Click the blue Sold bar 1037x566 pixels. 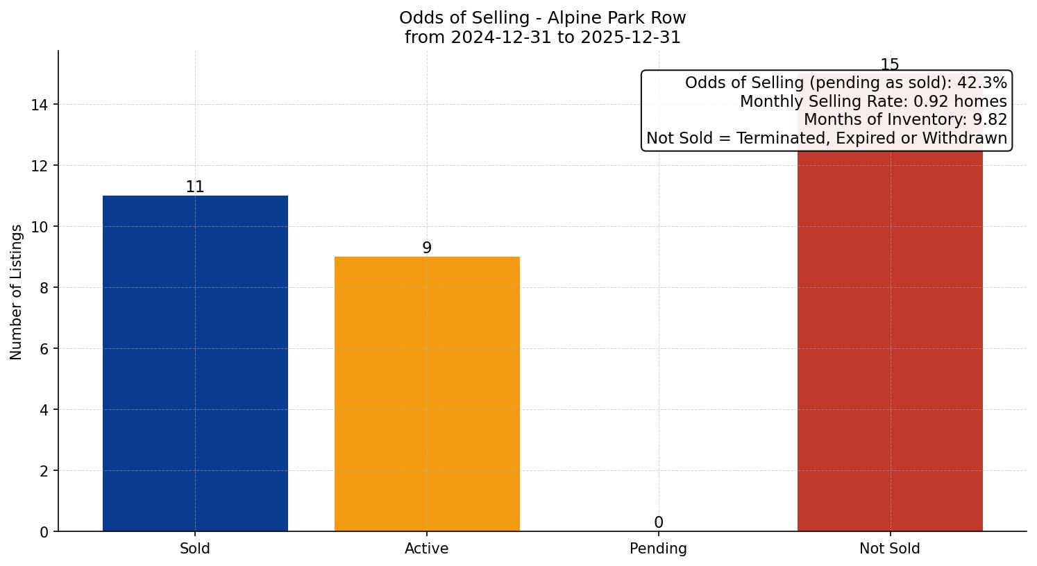click(x=195, y=363)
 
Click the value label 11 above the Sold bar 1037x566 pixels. click(x=195, y=187)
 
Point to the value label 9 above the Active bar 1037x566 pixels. click(x=427, y=248)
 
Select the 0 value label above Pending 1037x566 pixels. click(x=658, y=523)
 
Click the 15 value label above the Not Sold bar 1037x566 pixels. click(x=890, y=65)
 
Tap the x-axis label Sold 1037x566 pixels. click(x=195, y=549)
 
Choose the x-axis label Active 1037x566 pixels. click(x=427, y=549)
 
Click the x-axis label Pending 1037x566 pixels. click(x=658, y=549)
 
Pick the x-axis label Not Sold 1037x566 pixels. click(x=890, y=549)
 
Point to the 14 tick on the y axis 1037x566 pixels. click(x=40, y=105)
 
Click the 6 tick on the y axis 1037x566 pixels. click(x=44, y=349)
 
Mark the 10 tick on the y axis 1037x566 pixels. click(x=40, y=227)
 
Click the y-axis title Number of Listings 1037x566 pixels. click(x=17, y=291)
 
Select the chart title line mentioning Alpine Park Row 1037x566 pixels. click(x=542, y=18)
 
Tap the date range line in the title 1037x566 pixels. click(x=542, y=37)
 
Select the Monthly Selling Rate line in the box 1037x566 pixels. click(x=872, y=101)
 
